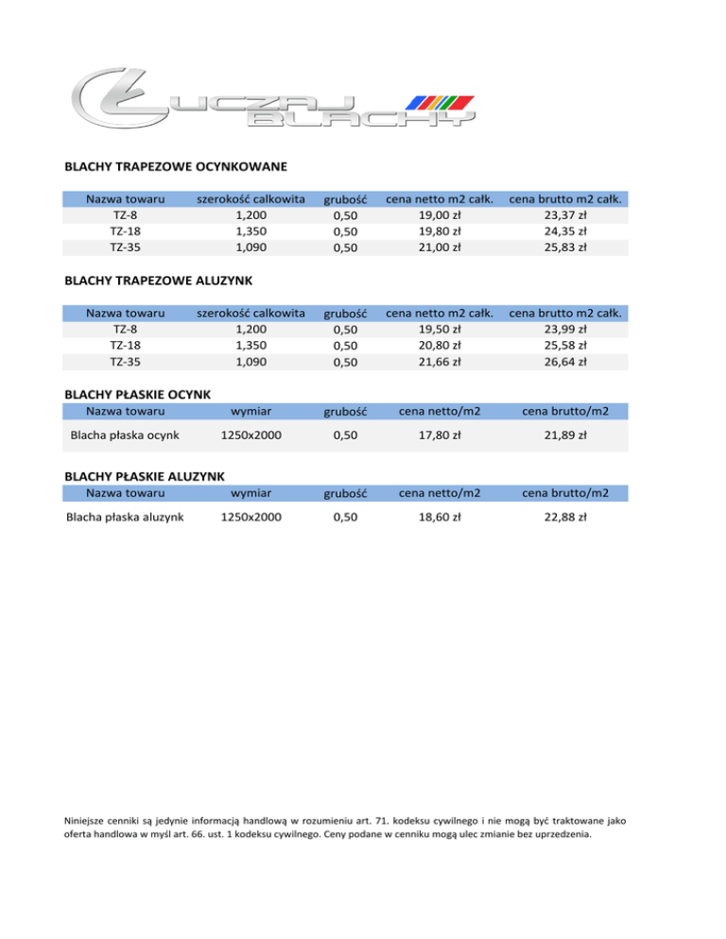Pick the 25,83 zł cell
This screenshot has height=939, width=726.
point(569,248)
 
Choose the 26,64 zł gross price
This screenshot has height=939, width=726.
point(569,361)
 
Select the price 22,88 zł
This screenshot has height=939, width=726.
point(569,517)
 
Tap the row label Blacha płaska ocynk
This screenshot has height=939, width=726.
point(126,435)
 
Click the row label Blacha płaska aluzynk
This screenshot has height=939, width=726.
point(126,517)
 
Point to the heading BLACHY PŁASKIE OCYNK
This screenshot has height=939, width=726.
point(137,394)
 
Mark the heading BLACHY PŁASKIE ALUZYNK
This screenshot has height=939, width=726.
point(143,475)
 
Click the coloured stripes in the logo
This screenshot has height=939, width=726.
point(439,102)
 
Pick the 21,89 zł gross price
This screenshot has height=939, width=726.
point(569,435)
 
